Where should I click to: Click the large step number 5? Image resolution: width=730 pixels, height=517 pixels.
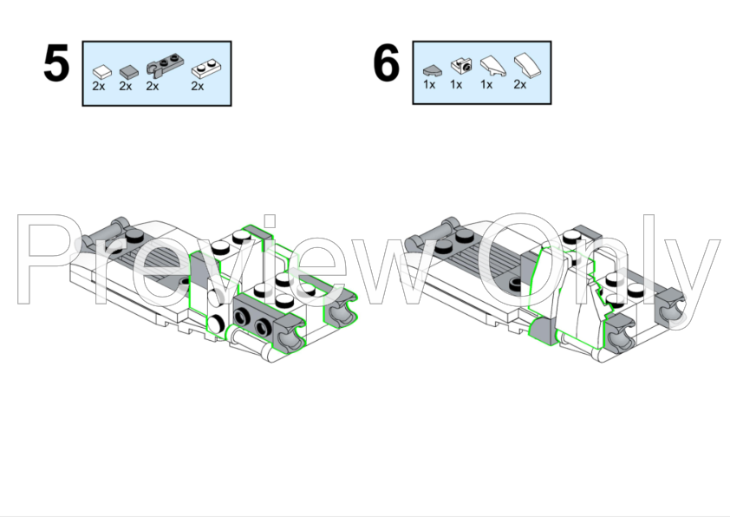[56, 62]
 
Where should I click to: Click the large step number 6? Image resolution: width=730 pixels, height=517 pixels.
[387, 62]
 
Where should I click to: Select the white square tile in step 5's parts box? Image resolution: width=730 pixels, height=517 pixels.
[102, 72]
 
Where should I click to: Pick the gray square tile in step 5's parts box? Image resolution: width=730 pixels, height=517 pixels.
[129, 72]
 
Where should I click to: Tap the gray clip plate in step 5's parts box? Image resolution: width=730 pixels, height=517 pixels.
[165, 65]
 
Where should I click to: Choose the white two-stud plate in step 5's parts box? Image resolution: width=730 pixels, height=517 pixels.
[206, 69]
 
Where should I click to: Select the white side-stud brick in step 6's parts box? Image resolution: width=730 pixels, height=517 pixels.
[461, 66]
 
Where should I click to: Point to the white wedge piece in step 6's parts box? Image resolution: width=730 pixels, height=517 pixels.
[493, 66]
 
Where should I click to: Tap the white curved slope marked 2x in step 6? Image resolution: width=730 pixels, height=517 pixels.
[527, 65]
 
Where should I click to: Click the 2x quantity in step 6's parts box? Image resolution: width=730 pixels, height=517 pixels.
[520, 84]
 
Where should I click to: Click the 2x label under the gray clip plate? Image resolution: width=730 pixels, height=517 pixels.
[153, 86]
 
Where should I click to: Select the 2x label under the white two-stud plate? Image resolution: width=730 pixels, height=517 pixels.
[198, 86]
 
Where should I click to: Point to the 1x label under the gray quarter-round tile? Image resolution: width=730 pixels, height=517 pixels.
[429, 84]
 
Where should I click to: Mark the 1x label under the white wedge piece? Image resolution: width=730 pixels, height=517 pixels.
[486, 84]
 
